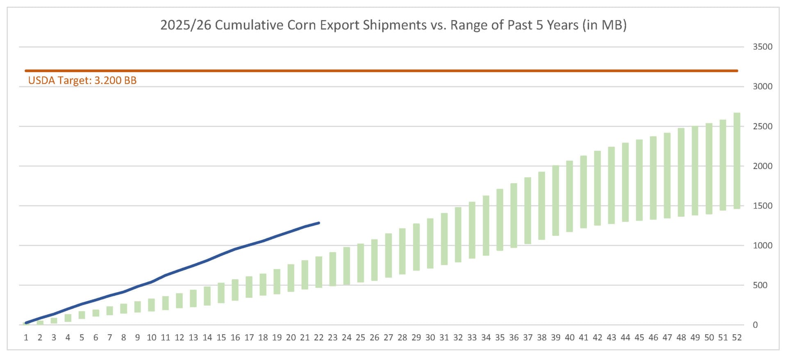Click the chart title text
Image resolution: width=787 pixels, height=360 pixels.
(393, 25)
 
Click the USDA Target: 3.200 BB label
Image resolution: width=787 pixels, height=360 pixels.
(82, 80)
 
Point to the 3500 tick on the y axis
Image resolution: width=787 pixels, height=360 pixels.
(762, 47)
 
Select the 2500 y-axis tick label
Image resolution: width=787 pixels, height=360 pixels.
(762, 126)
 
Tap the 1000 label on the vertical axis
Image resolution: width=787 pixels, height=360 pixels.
(762, 246)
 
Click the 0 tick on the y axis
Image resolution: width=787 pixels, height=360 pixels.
(755, 325)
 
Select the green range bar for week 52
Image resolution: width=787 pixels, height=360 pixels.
(737, 161)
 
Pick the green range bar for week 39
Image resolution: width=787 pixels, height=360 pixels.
(555, 201)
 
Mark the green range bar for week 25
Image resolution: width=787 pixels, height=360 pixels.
(360, 263)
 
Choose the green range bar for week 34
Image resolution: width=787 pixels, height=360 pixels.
(486, 226)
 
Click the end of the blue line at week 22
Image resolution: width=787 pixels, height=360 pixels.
(318, 223)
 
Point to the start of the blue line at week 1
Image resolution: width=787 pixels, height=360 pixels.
(26, 323)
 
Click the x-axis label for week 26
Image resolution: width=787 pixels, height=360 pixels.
(374, 338)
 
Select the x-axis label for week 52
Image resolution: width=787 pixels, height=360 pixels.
(737, 338)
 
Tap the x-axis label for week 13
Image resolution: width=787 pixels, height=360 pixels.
(193, 338)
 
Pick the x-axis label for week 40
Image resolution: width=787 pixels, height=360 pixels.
(569, 338)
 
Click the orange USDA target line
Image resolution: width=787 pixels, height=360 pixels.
(381, 71)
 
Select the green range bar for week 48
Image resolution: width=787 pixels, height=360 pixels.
(681, 172)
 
